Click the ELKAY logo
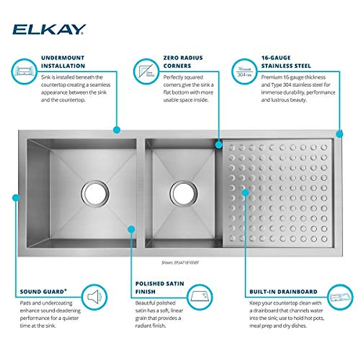pos(49,29)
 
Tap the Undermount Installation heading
pos(63,62)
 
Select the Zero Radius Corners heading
pos(183,62)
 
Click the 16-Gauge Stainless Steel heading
pos(286,62)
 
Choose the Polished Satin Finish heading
pos(160,287)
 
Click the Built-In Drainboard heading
pos(283,292)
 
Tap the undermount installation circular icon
pos(24,71)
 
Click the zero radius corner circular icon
pos(146,71)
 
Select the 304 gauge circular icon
pos(244,71)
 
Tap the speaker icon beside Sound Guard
pos(94,297)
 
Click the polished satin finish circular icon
pos(200,297)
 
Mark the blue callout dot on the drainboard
pos(245,192)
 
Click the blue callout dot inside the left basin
pos(131,229)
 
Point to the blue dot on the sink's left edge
pos(16,198)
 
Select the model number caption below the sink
pos(180,262)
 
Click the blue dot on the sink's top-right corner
pos(339,134)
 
